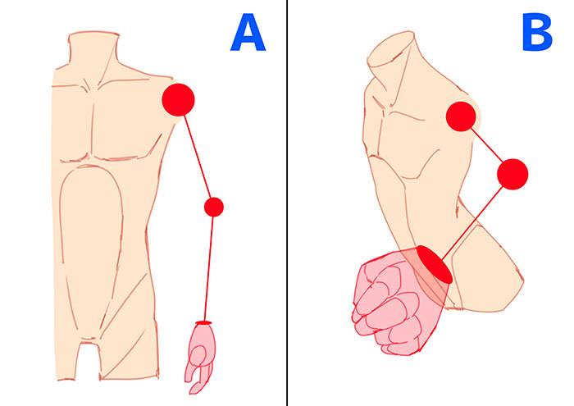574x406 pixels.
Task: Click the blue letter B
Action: coord(537,34)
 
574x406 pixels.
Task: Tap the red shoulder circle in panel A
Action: coord(178,99)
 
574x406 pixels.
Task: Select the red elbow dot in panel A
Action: coord(213,207)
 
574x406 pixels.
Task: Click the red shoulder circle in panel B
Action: coord(461,116)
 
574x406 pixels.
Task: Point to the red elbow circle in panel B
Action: coord(512,174)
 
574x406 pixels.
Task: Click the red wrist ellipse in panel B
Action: coord(434,264)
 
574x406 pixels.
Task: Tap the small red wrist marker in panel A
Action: coord(203,322)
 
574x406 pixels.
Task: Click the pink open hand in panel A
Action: coord(199,354)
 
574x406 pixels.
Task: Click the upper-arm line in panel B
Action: coord(487,146)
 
